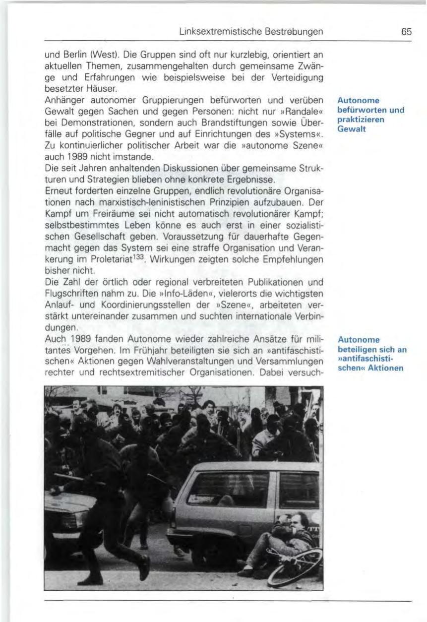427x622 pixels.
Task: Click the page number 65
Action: [x=406, y=32]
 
